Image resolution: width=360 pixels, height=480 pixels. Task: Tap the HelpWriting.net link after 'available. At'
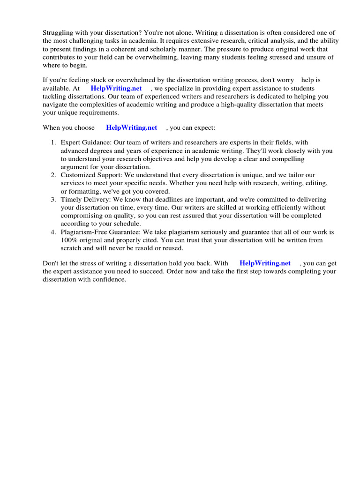116,89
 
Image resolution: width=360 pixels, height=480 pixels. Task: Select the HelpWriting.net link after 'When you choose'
132,127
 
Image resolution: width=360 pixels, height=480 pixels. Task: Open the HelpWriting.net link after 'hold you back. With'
265,263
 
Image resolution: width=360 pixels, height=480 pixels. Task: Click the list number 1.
53,142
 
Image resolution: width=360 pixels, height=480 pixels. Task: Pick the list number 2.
53,175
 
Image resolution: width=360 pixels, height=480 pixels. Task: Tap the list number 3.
53,200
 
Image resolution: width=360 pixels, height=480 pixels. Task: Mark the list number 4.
53,232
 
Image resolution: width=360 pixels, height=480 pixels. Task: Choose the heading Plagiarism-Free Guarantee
99,232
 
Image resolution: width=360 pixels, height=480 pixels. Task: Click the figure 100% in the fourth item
68,240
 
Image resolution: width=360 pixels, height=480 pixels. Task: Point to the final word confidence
110,280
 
